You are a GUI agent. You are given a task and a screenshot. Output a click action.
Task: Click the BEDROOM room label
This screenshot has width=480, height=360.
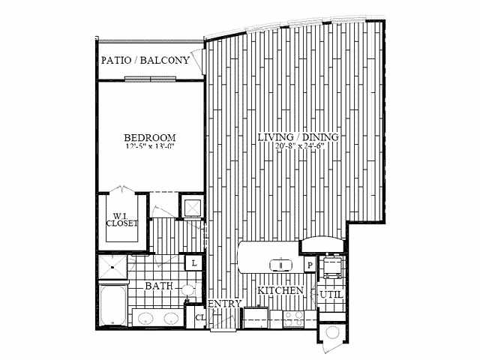(150, 137)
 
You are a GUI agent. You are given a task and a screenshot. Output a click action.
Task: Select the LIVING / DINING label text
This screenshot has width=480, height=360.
(298, 137)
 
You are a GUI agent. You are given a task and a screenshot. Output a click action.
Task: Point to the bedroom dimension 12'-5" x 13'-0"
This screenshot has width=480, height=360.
(150, 148)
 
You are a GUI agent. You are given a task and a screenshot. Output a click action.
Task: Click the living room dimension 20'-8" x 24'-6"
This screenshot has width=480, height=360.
(298, 147)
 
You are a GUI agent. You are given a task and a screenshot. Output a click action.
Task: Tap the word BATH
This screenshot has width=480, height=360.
(159, 286)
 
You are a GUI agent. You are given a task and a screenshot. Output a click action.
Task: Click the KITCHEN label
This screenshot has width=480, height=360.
(280, 289)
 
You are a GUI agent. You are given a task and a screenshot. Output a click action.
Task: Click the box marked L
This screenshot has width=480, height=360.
(193, 263)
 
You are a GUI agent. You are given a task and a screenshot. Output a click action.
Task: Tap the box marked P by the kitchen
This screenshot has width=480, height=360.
(308, 265)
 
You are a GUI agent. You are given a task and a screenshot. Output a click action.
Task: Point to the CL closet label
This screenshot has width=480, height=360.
(199, 316)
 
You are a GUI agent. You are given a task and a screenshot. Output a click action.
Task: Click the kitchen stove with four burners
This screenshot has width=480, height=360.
(292, 319)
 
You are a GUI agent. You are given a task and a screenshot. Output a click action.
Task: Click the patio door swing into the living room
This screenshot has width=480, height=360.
(199, 58)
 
